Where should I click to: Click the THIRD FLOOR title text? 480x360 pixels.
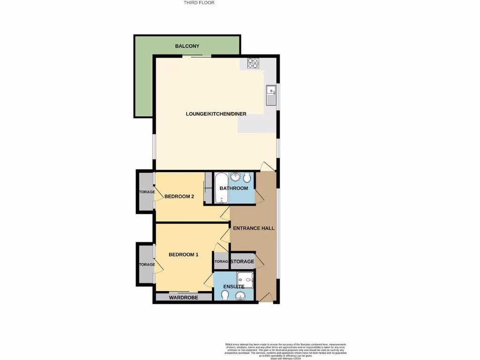click(x=199, y=3)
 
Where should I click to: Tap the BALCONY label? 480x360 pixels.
click(x=187, y=46)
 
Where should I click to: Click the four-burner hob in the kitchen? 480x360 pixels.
click(x=254, y=63)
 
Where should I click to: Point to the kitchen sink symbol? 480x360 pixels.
click(x=271, y=96)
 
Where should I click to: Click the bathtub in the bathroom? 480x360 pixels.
click(x=220, y=188)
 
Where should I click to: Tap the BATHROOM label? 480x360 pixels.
click(x=234, y=188)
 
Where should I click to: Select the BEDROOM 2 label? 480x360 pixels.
click(x=179, y=196)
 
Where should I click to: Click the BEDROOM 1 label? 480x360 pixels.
click(x=183, y=255)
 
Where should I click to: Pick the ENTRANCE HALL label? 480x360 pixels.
click(x=254, y=228)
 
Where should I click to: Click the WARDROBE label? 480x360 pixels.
click(x=183, y=298)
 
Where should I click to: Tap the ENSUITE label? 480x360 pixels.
click(x=234, y=286)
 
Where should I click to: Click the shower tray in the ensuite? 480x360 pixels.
click(x=245, y=280)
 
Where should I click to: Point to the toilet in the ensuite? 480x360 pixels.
click(x=225, y=295)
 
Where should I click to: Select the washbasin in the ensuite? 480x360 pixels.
click(x=240, y=295)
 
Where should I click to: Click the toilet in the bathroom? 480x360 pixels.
click(x=247, y=177)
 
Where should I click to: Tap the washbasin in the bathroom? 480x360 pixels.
click(x=235, y=177)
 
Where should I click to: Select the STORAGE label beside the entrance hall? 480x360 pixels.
click(x=242, y=262)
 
